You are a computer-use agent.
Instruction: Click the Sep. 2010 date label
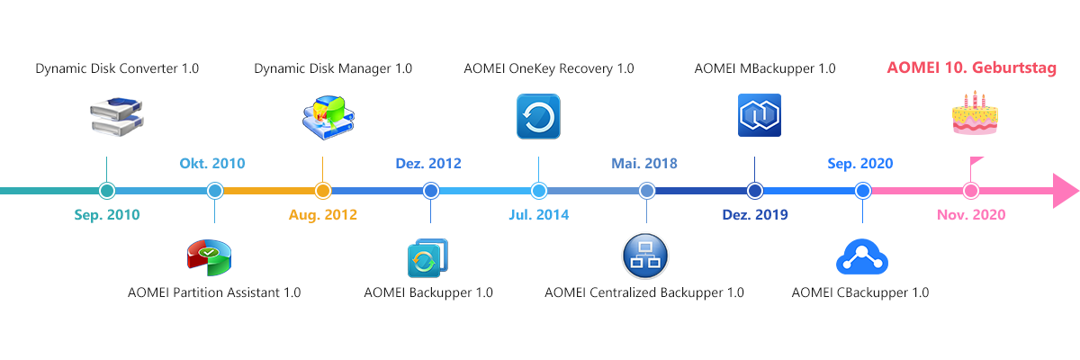107,215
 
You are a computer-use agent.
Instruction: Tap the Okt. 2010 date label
212,164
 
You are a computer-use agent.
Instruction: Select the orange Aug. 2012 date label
323,215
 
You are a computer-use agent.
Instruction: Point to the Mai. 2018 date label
644,164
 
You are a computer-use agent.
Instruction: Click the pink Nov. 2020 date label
971,215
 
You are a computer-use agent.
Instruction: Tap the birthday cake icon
975,114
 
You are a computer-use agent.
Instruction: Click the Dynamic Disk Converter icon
117,118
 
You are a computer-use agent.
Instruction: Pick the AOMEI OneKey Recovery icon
538,117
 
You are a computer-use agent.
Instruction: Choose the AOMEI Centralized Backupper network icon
644,257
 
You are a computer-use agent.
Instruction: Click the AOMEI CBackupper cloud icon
862,257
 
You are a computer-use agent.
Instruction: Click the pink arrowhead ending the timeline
1065,191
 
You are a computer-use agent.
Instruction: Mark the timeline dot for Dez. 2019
755,191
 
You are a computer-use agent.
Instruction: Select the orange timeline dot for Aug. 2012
323,191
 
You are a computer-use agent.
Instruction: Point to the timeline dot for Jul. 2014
539,191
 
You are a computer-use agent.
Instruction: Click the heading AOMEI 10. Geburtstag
971,67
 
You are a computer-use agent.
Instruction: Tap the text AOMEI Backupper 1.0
428,292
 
